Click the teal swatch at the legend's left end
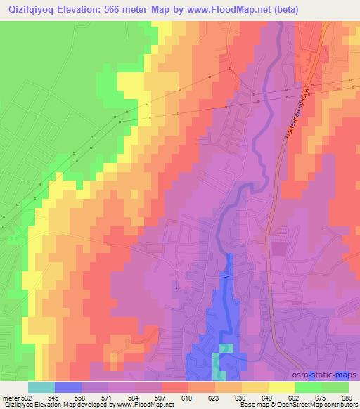[x=41, y=387]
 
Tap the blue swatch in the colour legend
[x=68, y=387]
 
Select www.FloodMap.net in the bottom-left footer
[x=127, y=405]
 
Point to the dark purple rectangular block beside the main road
[x=279, y=248]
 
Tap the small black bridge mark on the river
[x=226, y=276]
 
